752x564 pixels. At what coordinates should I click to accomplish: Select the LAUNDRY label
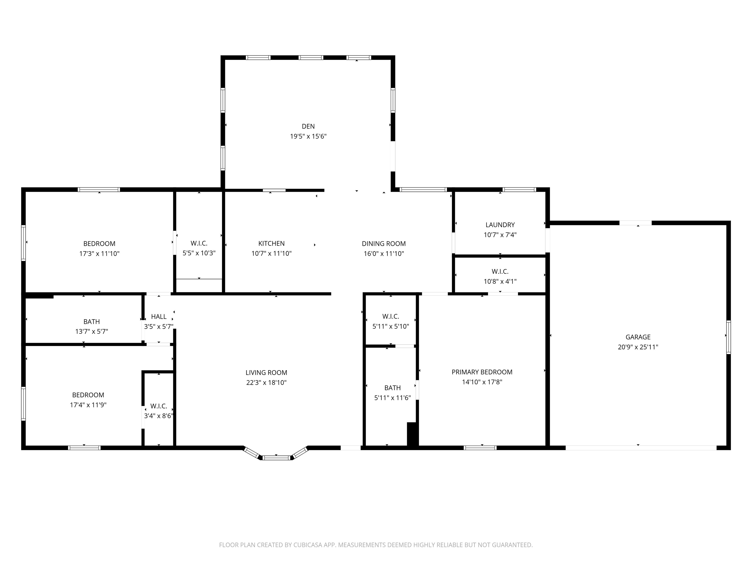[x=500, y=225]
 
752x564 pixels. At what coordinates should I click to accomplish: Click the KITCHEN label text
[x=271, y=243]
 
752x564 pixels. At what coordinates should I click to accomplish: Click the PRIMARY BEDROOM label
[x=482, y=372]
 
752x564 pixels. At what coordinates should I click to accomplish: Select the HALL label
[x=159, y=317]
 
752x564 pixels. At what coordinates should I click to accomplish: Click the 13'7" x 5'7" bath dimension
[x=92, y=331]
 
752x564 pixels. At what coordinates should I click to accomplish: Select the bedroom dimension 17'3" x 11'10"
[x=99, y=253]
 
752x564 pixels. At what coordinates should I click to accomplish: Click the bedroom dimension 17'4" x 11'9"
[x=88, y=405]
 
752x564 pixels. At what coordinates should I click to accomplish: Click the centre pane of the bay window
[x=277, y=458]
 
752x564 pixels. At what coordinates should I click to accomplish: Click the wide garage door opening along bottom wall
[x=641, y=448]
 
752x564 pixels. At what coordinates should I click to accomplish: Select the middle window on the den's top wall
[x=311, y=58]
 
